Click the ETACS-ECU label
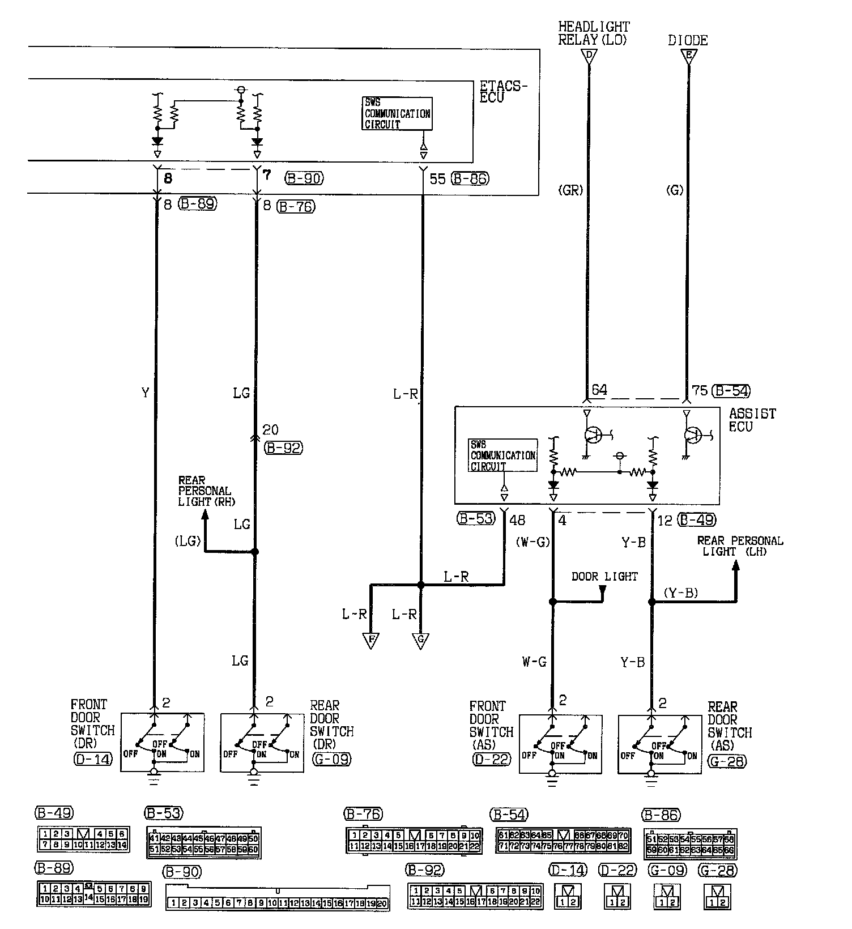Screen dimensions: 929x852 (503, 91)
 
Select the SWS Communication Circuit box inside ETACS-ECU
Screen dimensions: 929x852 (397, 113)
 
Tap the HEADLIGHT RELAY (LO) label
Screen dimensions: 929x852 (593, 33)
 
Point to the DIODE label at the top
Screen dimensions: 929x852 (688, 40)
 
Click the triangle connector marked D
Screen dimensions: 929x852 (589, 55)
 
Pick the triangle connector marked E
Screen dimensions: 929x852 (689, 55)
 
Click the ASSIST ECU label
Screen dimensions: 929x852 (752, 420)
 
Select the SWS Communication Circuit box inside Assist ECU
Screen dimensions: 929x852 (503, 455)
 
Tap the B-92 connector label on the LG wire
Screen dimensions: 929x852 (283, 448)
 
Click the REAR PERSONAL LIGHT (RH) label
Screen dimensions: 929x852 (205, 491)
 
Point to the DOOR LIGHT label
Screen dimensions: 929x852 (604, 576)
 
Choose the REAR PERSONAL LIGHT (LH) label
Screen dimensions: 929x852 (740, 546)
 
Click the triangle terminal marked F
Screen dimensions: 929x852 (371, 641)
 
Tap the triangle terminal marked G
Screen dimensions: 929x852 (420, 641)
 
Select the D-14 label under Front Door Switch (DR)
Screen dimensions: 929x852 (93, 758)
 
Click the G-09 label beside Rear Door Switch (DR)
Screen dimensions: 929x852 (331, 758)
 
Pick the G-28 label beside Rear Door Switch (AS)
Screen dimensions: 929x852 (727, 761)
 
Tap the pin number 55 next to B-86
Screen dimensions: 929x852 (437, 179)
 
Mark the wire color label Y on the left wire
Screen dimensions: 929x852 (145, 392)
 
